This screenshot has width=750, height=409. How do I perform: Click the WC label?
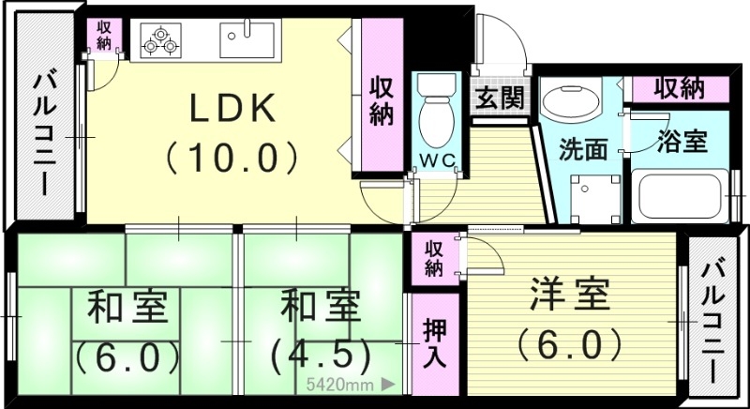(436, 160)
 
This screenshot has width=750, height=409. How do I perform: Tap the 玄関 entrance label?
(500, 98)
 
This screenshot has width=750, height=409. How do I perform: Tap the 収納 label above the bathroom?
(679, 89)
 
